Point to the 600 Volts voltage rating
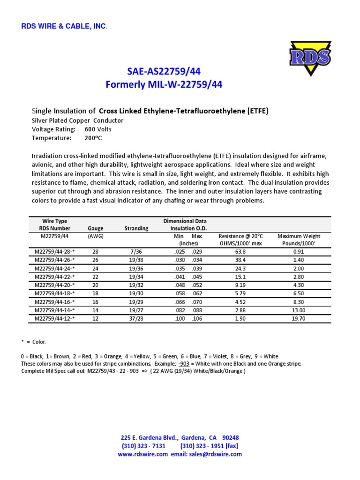(98, 129)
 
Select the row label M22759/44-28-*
(55, 252)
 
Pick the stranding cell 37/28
(136, 319)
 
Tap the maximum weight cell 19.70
(298, 319)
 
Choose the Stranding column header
(136, 228)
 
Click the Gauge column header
(96, 228)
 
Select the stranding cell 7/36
(136, 252)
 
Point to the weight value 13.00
(298, 310)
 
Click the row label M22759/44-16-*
(55, 302)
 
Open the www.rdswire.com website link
(142, 454)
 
